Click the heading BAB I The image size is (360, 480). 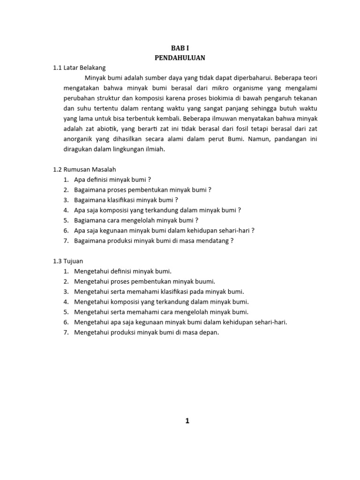(180, 48)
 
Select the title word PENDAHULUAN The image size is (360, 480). (180, 58)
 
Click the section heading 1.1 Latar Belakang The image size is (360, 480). (79, 67)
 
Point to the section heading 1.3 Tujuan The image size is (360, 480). (68, 261)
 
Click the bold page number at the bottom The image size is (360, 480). (187, 421)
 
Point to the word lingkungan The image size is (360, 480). (133, 150)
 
